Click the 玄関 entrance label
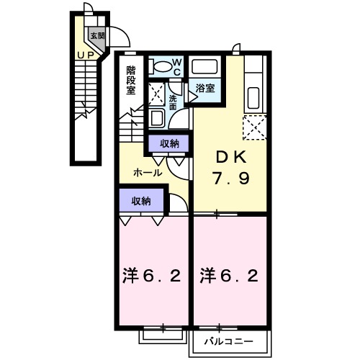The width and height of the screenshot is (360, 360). pos(96,35)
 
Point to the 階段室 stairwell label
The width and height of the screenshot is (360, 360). pos(132,81)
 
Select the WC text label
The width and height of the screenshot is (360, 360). pos(178,67)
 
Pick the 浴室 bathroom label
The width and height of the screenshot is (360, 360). pos(206,89)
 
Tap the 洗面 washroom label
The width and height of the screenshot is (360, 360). pos(174,102)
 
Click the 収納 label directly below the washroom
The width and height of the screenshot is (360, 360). pos(169,143)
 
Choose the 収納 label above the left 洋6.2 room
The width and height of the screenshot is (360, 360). pos(141,201)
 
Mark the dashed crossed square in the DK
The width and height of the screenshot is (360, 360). pos(254,128)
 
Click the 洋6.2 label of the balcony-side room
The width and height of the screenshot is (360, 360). pos(230,275)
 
